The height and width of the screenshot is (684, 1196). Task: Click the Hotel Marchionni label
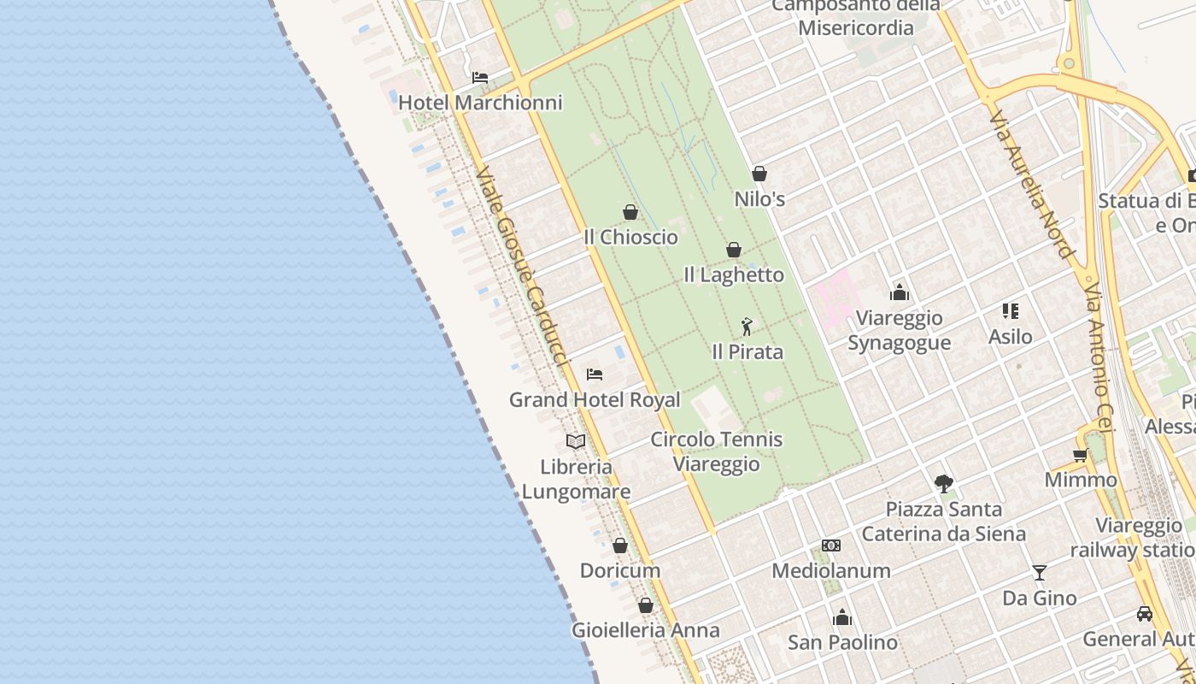click(x=480, y=103)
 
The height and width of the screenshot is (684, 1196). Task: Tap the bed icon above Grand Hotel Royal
click(x=595, y=374)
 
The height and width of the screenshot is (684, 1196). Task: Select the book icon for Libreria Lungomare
click(x=576, y=441)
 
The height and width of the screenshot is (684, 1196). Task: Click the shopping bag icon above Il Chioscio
click(x=630, y=212)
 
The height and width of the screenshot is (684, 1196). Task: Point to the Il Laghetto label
click(x=734, y=274)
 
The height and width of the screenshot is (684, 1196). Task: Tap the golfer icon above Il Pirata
click(x=747, y=326)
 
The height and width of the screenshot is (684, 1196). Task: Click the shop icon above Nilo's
click(x=759, y=174)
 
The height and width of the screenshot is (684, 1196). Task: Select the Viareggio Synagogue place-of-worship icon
click(x=900, y=293)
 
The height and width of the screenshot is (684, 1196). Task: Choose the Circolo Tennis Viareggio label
click(x=716, y=451)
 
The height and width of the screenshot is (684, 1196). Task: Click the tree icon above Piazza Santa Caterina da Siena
click(x=943, y=484)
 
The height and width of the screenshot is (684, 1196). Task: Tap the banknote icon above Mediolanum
click(x=831, y=545)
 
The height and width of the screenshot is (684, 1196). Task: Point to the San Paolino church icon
click(x=842, y=617)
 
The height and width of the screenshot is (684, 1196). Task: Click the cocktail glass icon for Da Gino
click(x=1040, y=573)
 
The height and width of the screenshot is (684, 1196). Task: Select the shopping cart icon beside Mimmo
click(x=1081, y=456)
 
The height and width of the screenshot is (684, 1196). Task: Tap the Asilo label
click(x=1011, y=337)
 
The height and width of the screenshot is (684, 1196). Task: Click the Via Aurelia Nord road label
click(x=1031, y=183)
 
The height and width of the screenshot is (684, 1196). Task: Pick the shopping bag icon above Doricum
click(x=620, y=545)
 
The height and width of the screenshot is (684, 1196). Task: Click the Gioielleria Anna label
click(x=646, y=630)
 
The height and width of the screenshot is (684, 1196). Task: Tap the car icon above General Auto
click(x=1144, y=614)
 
